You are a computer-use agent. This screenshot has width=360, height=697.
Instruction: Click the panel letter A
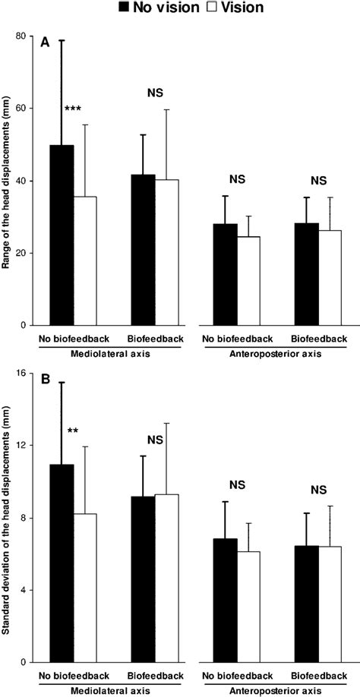46,43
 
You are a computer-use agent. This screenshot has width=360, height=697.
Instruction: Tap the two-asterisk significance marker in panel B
73,431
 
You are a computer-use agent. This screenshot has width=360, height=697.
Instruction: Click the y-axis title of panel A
8,181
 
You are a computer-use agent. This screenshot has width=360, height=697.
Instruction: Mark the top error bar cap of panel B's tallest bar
62,383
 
